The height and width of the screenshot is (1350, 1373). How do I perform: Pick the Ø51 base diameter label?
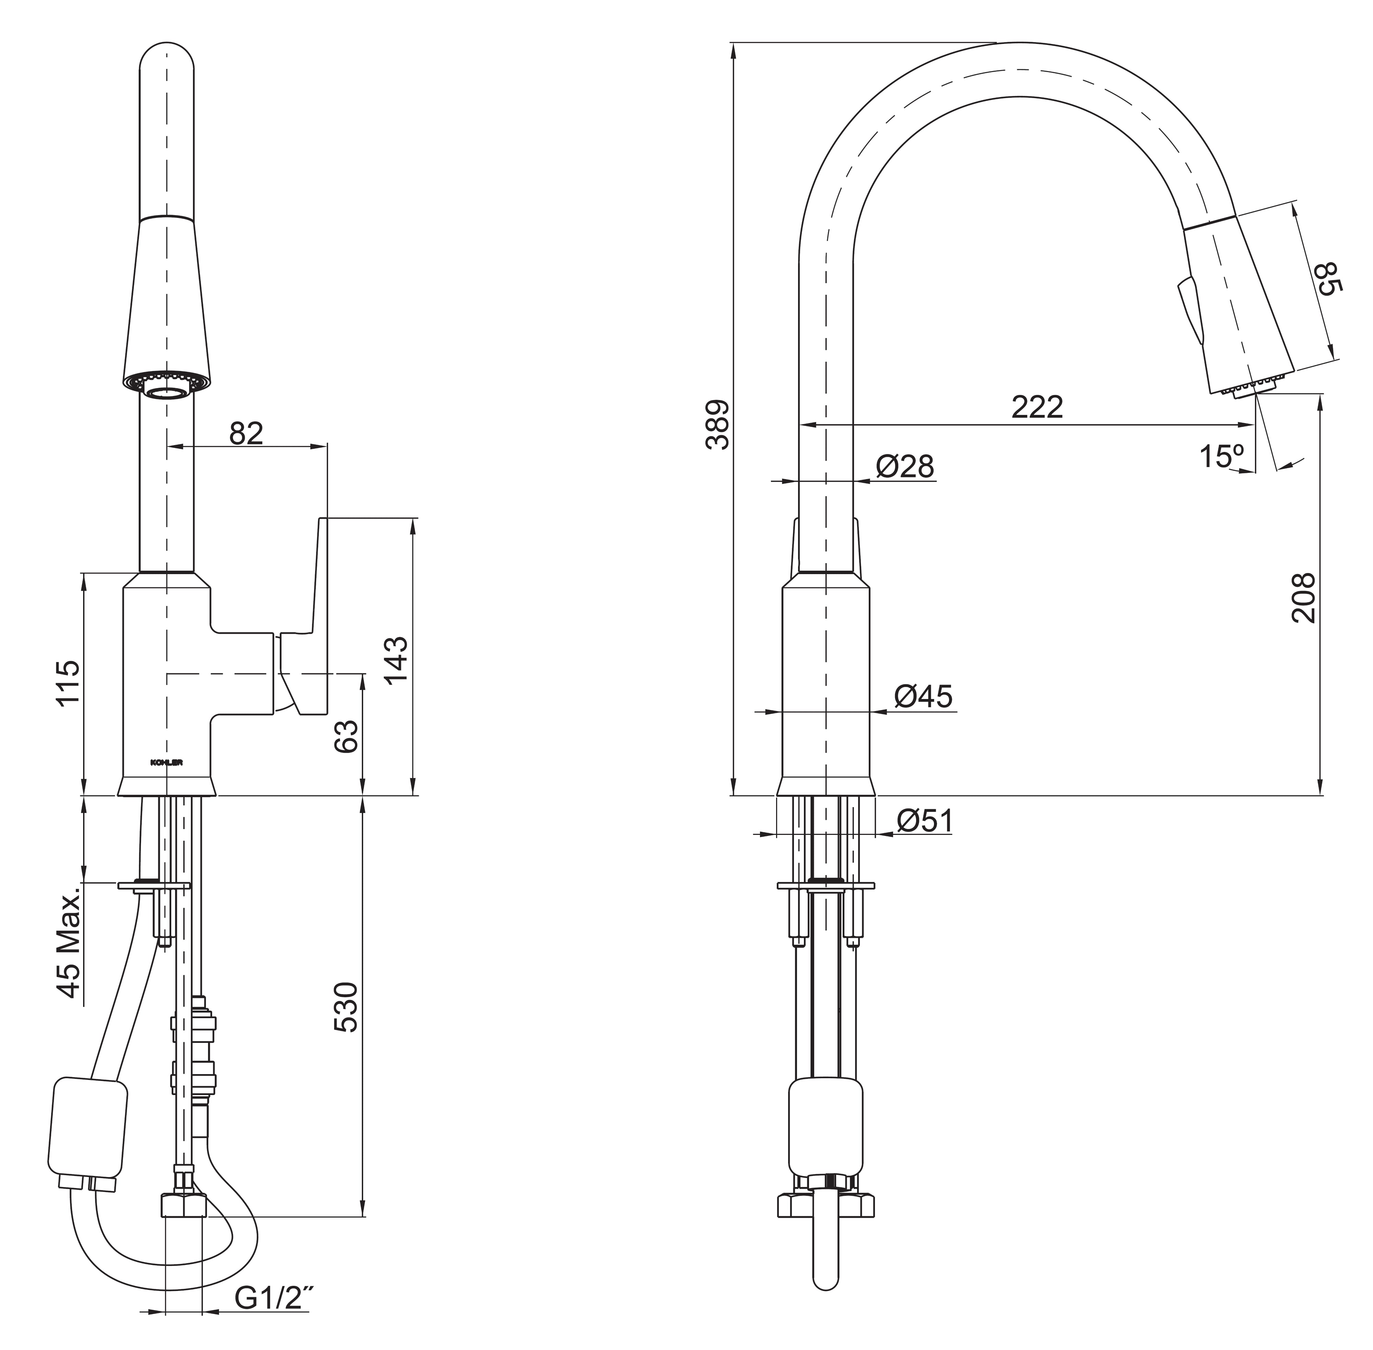click(x=924, y=821)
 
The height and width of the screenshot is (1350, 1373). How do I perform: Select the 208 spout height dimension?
click(x=1303, y=598)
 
